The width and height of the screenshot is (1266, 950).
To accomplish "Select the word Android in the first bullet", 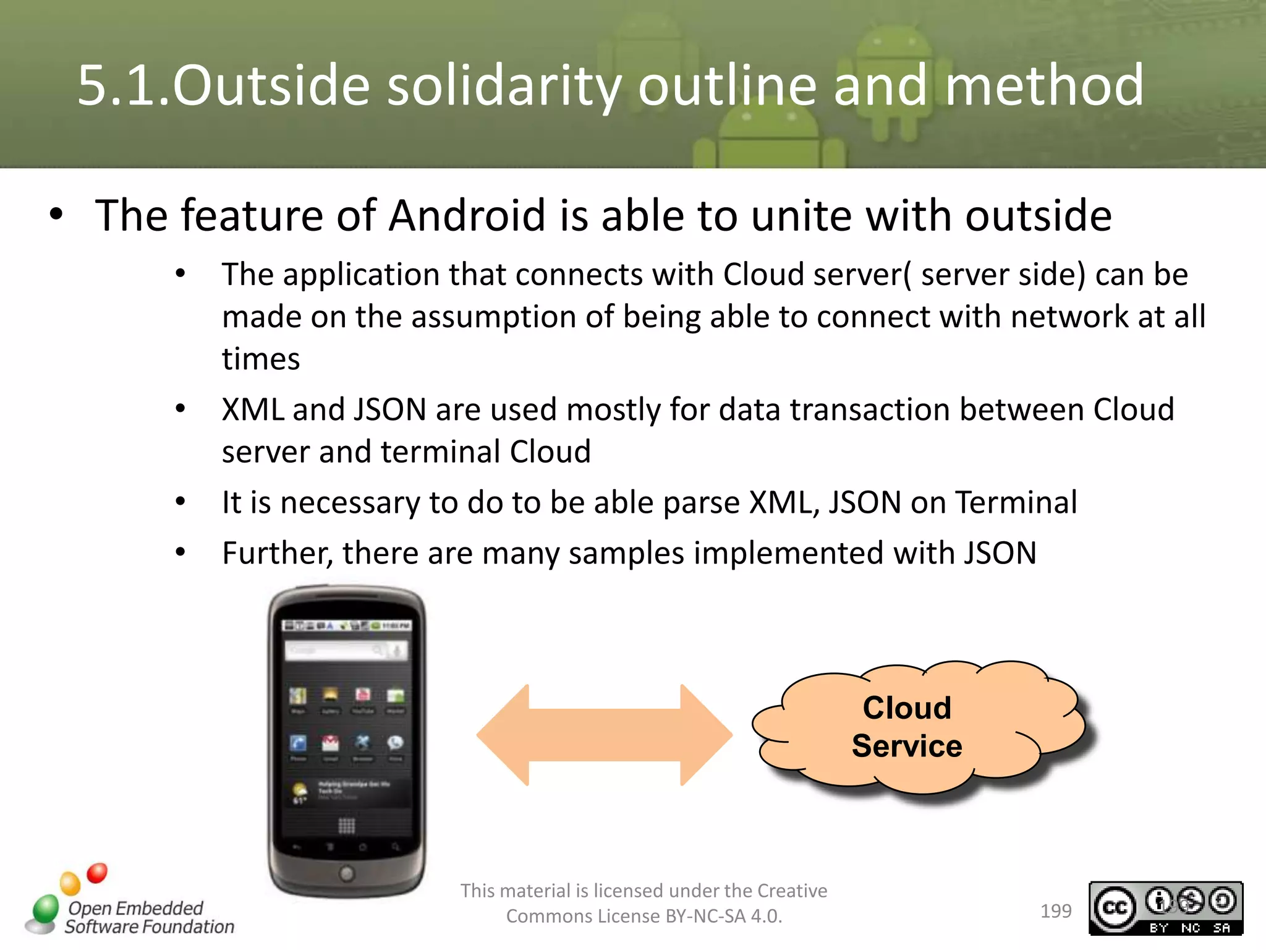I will (x=467, y=216).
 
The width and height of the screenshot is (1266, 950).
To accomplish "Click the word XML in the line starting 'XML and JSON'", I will (x=252, y=409).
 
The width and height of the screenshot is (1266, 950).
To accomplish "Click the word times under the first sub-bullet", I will (x=261, y=359).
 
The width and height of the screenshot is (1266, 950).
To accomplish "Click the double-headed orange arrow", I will (x=605, y=735).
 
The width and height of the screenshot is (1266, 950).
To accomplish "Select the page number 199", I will (x=1056, y=911).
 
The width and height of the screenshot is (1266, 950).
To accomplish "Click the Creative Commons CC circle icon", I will (x=1115, y=907).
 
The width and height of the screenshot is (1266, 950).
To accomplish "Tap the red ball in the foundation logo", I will (x=97, y=873).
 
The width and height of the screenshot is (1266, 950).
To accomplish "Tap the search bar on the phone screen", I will (x=346, y=651).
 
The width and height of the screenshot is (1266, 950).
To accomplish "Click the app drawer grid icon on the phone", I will (x=346, y=825).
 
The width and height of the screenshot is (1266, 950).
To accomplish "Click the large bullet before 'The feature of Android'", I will (x=56, y=215).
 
